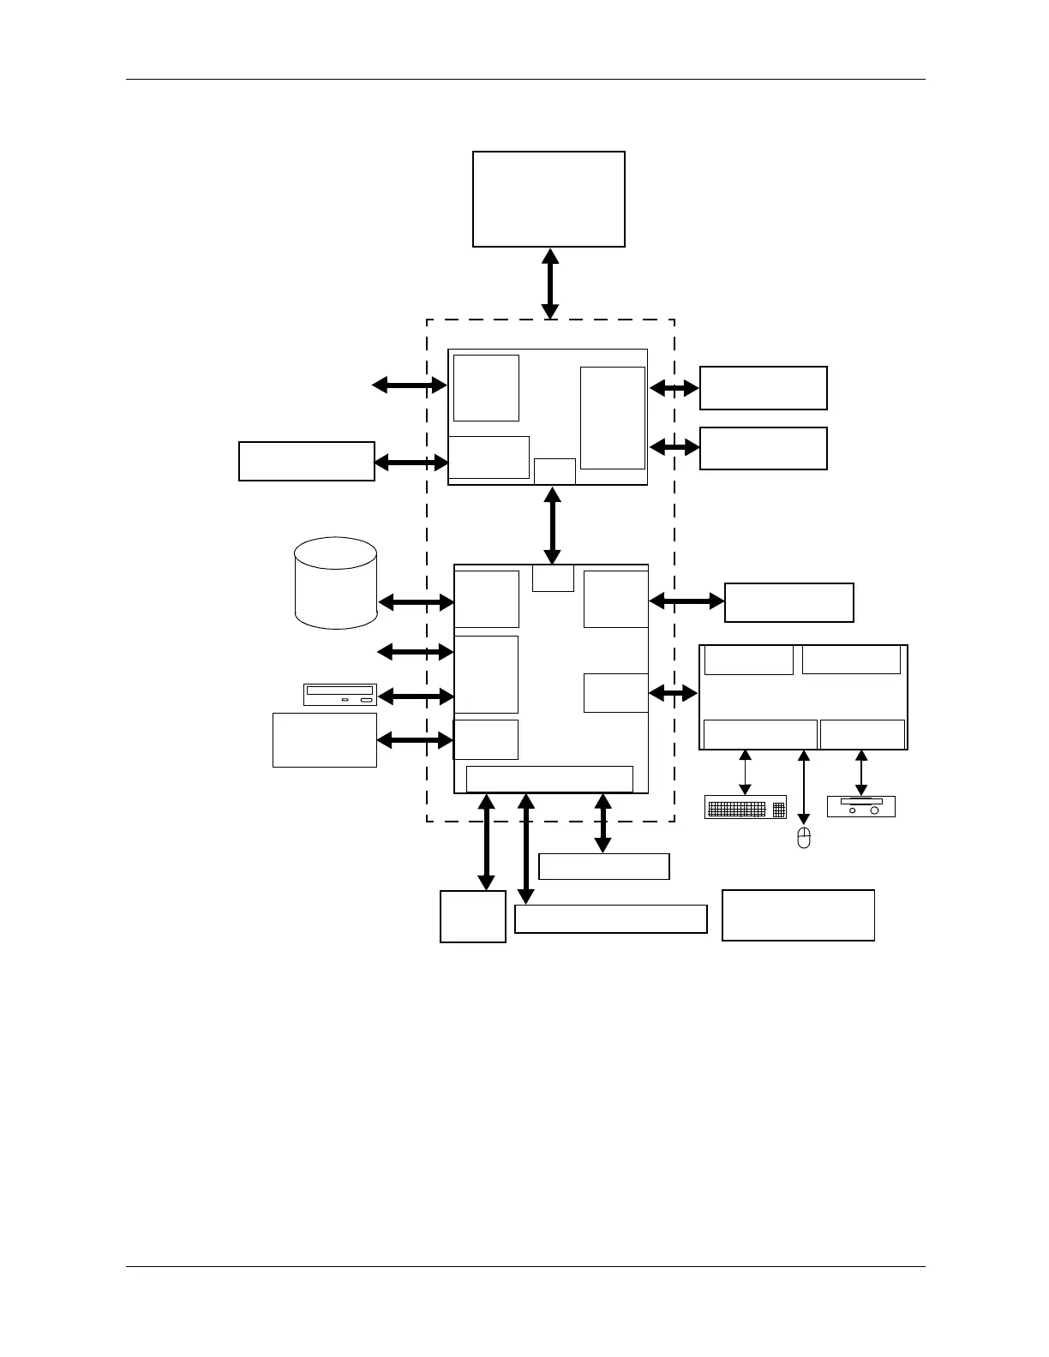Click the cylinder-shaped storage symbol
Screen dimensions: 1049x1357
coord(336,583)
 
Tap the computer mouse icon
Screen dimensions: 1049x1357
coord(803,838)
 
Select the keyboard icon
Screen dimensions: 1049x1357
coord(745,807)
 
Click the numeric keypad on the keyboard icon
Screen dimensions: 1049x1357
coord(778,808)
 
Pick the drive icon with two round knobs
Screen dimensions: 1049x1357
coord(860,806)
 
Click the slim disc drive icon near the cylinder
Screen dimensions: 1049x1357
coord(340,695)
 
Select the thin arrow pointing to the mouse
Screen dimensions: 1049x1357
coord(803,787)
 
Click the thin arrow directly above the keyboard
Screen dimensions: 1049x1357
coord(745,772)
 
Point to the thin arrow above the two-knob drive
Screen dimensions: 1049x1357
coord(861,772)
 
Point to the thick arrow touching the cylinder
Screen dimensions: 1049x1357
coord(416,602)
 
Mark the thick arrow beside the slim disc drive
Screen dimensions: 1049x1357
coord(416,696)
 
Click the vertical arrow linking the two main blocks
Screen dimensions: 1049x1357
coord(553,525)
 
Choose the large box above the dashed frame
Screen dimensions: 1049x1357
coord(548,199)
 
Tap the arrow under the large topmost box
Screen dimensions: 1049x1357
coord(550,284)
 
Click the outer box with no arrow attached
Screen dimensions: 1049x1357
coord(798,915)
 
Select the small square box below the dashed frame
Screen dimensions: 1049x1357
coord(472,917)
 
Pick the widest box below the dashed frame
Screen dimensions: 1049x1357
coord(610,918)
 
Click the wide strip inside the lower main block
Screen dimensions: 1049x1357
coord(549,779)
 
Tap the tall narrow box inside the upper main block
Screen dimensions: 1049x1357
coord(612,418)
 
